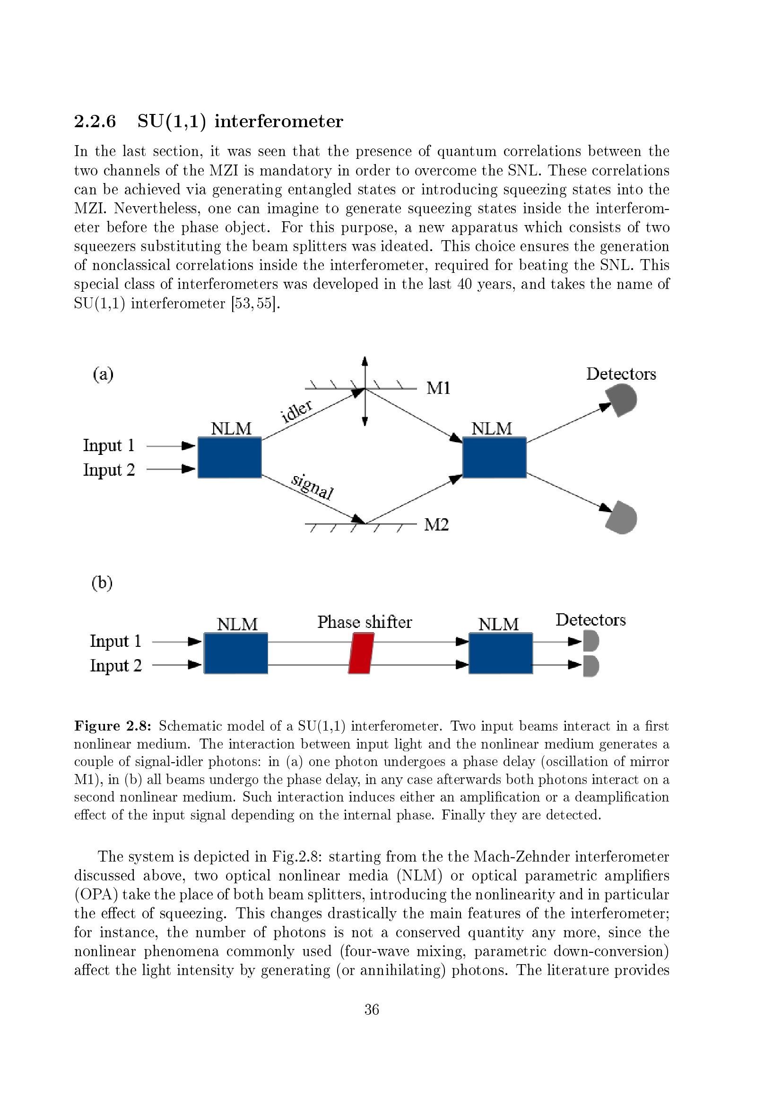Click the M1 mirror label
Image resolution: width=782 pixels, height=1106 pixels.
(x=438, y=388)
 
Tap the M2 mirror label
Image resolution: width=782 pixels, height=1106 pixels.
(x=436, y=524)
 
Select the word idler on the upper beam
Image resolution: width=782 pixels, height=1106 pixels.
(x=296, y=410)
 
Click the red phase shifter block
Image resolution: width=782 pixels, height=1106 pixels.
(x=361, y=653)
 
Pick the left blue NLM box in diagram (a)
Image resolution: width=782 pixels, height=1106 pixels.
(x=230, y=457)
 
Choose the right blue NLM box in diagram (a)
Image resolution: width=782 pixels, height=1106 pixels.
(x=494, y=457)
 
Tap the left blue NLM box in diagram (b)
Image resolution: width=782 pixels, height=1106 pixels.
(x=236, y=653)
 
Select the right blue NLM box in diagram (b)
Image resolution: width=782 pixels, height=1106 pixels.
(x=501, y=653)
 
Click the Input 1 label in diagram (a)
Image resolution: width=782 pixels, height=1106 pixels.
(x=109, y=445)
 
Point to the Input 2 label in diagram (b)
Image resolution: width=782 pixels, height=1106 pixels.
(x=115, y=665)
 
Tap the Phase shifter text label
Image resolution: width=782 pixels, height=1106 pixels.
(x=365, y=622)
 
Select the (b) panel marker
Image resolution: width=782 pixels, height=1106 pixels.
(x=102, y=583)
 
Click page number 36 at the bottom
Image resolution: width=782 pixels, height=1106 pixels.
(x=372, y=1009)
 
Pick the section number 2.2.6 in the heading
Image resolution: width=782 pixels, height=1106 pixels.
(x=95, y=121)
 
